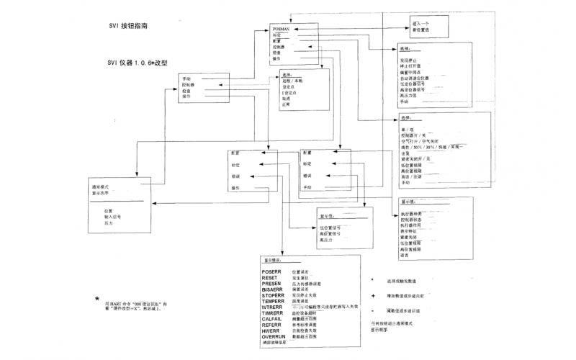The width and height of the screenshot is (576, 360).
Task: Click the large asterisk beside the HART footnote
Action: (97, 299)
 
